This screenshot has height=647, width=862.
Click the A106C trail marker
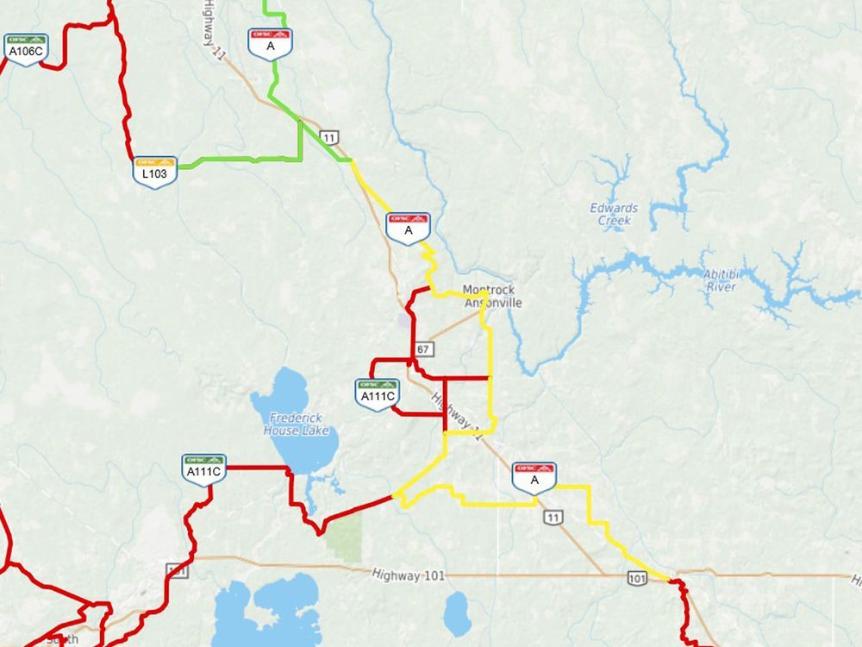(x=25, y=47)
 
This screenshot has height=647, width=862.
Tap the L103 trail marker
(x=154, y=169)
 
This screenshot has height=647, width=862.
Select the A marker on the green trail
(x=271, y=42)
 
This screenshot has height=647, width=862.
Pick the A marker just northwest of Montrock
(x=409, y=226)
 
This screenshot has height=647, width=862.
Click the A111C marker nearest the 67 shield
(x=377, y=393)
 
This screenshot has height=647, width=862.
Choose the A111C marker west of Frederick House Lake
(x=204, y=468)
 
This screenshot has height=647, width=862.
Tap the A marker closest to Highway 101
(x=534, y=475)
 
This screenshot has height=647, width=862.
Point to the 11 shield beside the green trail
(x=328, y=137)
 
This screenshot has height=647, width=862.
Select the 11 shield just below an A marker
(x=553, y=517)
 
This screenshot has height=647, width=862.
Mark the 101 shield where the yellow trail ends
(x=637, y=577)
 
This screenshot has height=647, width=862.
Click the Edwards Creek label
(x=614, y=214)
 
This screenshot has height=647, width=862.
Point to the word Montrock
(x=488, y=291)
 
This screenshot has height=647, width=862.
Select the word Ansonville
(x=493, y=303)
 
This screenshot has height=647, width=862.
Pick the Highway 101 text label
(x=409, y=575)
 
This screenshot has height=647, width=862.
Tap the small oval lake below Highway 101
(x=457, y=615)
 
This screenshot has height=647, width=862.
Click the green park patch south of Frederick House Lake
(x=344, y=540)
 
